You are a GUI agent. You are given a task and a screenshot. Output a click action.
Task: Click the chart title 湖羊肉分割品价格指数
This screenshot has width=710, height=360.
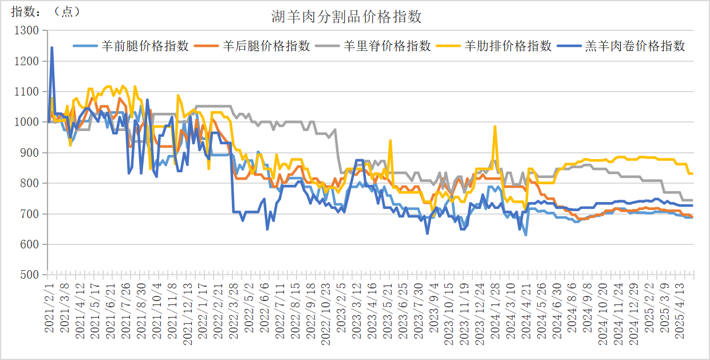coord(346,17)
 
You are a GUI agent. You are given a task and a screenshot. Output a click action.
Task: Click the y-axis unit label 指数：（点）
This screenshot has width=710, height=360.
coord(46,11)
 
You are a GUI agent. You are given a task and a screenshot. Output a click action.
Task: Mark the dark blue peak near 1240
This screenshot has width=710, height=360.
coord(52,48)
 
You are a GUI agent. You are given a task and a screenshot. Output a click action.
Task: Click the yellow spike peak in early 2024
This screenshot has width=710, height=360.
coord(495,126)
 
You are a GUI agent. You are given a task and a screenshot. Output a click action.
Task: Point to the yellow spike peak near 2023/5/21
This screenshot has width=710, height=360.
coord(390,140)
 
